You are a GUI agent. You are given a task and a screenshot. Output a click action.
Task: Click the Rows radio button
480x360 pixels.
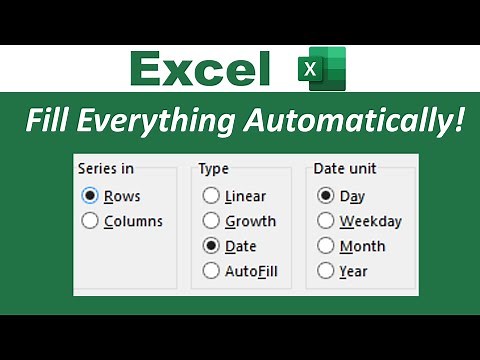[91, 197]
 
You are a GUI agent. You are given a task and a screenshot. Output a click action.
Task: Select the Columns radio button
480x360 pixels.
[91, 221]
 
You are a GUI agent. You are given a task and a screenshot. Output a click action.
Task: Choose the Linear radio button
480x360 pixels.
[211, 197]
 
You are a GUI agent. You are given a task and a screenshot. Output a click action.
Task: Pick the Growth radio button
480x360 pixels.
[211, 221]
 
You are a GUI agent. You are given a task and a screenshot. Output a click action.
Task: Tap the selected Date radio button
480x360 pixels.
[211, 246]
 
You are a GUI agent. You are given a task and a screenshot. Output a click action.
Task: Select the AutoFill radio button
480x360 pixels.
[211, 270]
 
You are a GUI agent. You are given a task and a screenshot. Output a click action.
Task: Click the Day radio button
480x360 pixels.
[326, 197]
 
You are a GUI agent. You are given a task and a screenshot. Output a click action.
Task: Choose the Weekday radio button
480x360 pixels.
[326, 221]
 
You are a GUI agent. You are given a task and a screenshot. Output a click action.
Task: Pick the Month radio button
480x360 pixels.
[326, 246]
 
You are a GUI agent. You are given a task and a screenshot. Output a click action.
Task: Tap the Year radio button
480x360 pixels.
[326, 270]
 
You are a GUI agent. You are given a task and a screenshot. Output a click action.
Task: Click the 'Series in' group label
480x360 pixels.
[105, 169]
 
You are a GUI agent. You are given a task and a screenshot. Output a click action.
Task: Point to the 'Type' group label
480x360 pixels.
[214, 169]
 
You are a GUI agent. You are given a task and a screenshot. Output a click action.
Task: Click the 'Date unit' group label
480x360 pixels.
[347, 169]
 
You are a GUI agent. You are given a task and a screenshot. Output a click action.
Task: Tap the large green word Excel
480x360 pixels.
[201, 69]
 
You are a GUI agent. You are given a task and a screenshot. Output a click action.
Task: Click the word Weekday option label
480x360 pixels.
[370, 221]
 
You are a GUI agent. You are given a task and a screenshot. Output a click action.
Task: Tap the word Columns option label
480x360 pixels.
[133, 221]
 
